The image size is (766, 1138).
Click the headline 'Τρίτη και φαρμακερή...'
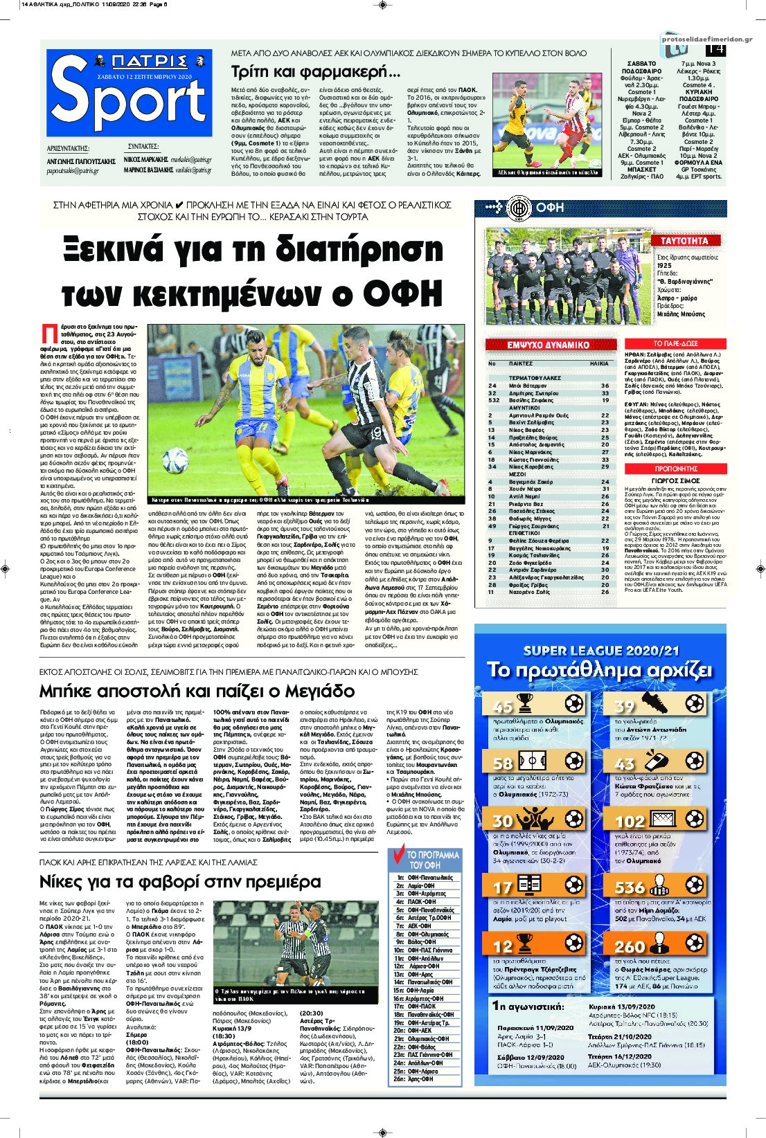click(315, 71)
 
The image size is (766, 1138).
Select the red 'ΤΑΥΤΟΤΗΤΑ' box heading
click(684, 241)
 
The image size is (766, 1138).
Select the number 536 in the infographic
click(630, 887)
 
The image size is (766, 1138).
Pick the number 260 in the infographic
click(630, 946)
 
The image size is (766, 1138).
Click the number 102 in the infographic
click(630, 822)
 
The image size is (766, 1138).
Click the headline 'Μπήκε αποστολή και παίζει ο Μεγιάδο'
click(197, 691)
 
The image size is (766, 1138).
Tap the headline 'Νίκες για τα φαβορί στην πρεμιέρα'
click(180, 882)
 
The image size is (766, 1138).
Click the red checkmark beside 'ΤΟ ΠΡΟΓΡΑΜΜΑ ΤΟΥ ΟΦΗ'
click(398, 856)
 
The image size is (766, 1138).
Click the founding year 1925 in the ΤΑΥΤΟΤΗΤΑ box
click(664, 265)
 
